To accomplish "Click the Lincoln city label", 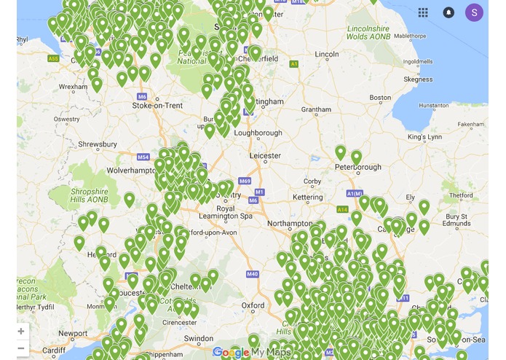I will [x=327, y=55].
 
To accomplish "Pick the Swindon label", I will [x=199, y=339].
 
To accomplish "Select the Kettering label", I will [x=308, y=197].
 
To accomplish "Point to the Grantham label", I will [x=316, y=110].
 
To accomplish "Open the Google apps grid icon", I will [x=424, y=12].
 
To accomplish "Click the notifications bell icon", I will [x=448, y=12].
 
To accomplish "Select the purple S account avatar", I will [x=474, y=12].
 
